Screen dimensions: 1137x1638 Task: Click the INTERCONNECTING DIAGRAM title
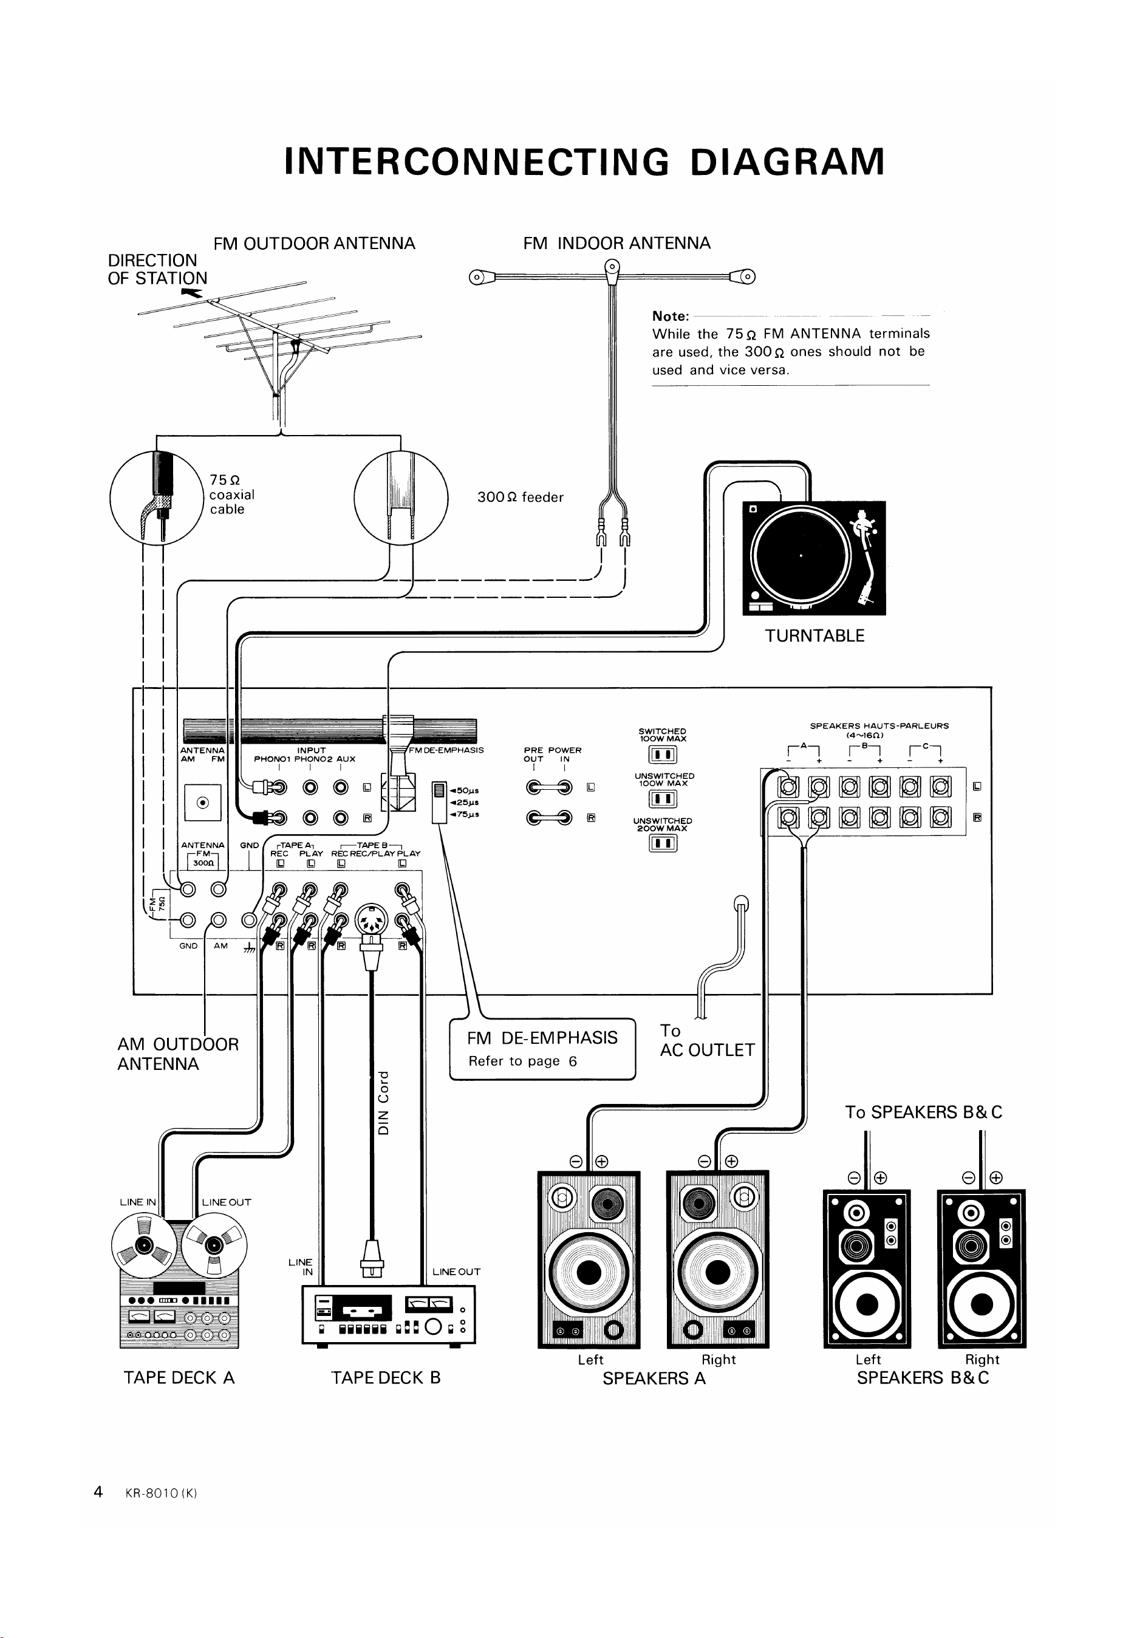tap(584, 162)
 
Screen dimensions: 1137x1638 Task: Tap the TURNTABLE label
tap(814, 636)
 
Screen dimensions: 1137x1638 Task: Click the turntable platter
tap(802, 556)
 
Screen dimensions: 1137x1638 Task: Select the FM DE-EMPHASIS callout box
tap(542, 1049)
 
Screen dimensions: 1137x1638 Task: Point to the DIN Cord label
tap(384, 1103)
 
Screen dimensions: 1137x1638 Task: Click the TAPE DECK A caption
tap(179, 1377)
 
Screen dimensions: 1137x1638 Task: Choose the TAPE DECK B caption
tap(386, 1377)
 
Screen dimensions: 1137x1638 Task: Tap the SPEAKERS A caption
tap(654, 1378)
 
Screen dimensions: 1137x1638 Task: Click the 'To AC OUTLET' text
tap(707, 1040)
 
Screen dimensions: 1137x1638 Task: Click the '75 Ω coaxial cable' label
tap(231, 494)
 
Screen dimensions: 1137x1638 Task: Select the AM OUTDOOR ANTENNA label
tap(178, 1054)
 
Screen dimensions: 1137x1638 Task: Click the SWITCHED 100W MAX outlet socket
tap(663, 755)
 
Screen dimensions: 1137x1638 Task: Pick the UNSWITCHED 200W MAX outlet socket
tap(663, 843)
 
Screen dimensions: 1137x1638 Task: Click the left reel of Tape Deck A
tap(145, 1246)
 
